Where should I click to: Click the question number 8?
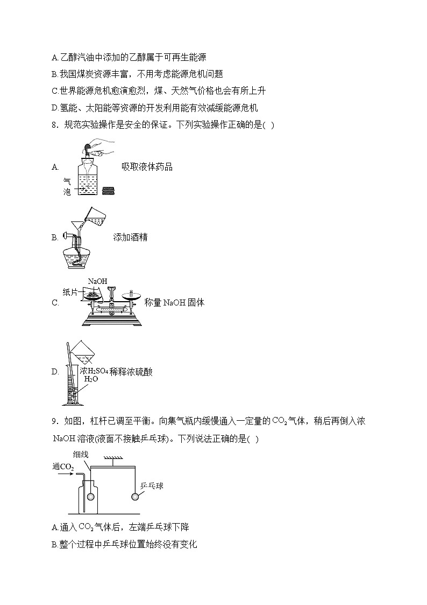click(54, 126)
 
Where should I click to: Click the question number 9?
click(54, 421)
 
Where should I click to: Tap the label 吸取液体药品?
click(147, 167)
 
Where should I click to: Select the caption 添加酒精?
click(130, 237)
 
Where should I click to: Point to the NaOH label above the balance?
click(97, 281)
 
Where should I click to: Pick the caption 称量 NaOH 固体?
click(174, 302)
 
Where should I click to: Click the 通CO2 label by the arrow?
click(63, 467)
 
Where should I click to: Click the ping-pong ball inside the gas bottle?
click(91, 497)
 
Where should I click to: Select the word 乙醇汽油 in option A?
click(79, 58)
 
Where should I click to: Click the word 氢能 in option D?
click(67, 108)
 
